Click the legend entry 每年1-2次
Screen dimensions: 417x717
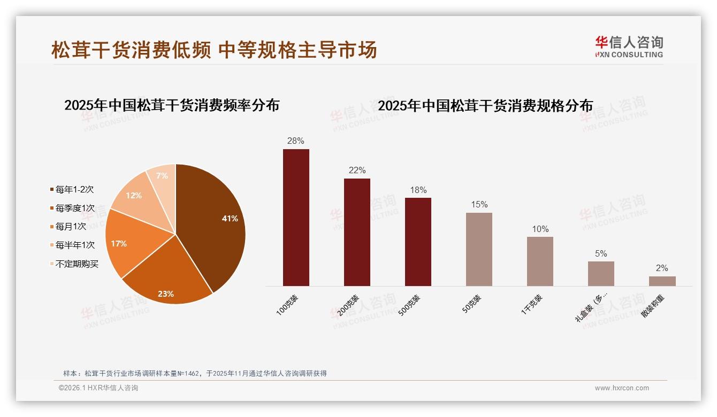pyautogui.click(x=74, y=189)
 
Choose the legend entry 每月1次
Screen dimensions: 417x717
pyautogui.click(x=71, y=226)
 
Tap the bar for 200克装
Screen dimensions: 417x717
pyautogui.click(x=357, y=232)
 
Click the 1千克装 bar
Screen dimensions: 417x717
pyautogui.click(x=540, y=261)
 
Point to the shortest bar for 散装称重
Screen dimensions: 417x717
pyautogui.click(x=662, y=281)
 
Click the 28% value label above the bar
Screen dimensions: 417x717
pyautogui.click(x=295, y=141)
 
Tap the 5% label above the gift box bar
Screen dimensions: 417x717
pyautogui.click(x=601, y=254)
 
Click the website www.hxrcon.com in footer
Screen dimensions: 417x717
pyautogui.click(x=622, y=388)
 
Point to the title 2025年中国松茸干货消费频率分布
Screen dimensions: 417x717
pyautogui.click(x=172, y=105)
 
